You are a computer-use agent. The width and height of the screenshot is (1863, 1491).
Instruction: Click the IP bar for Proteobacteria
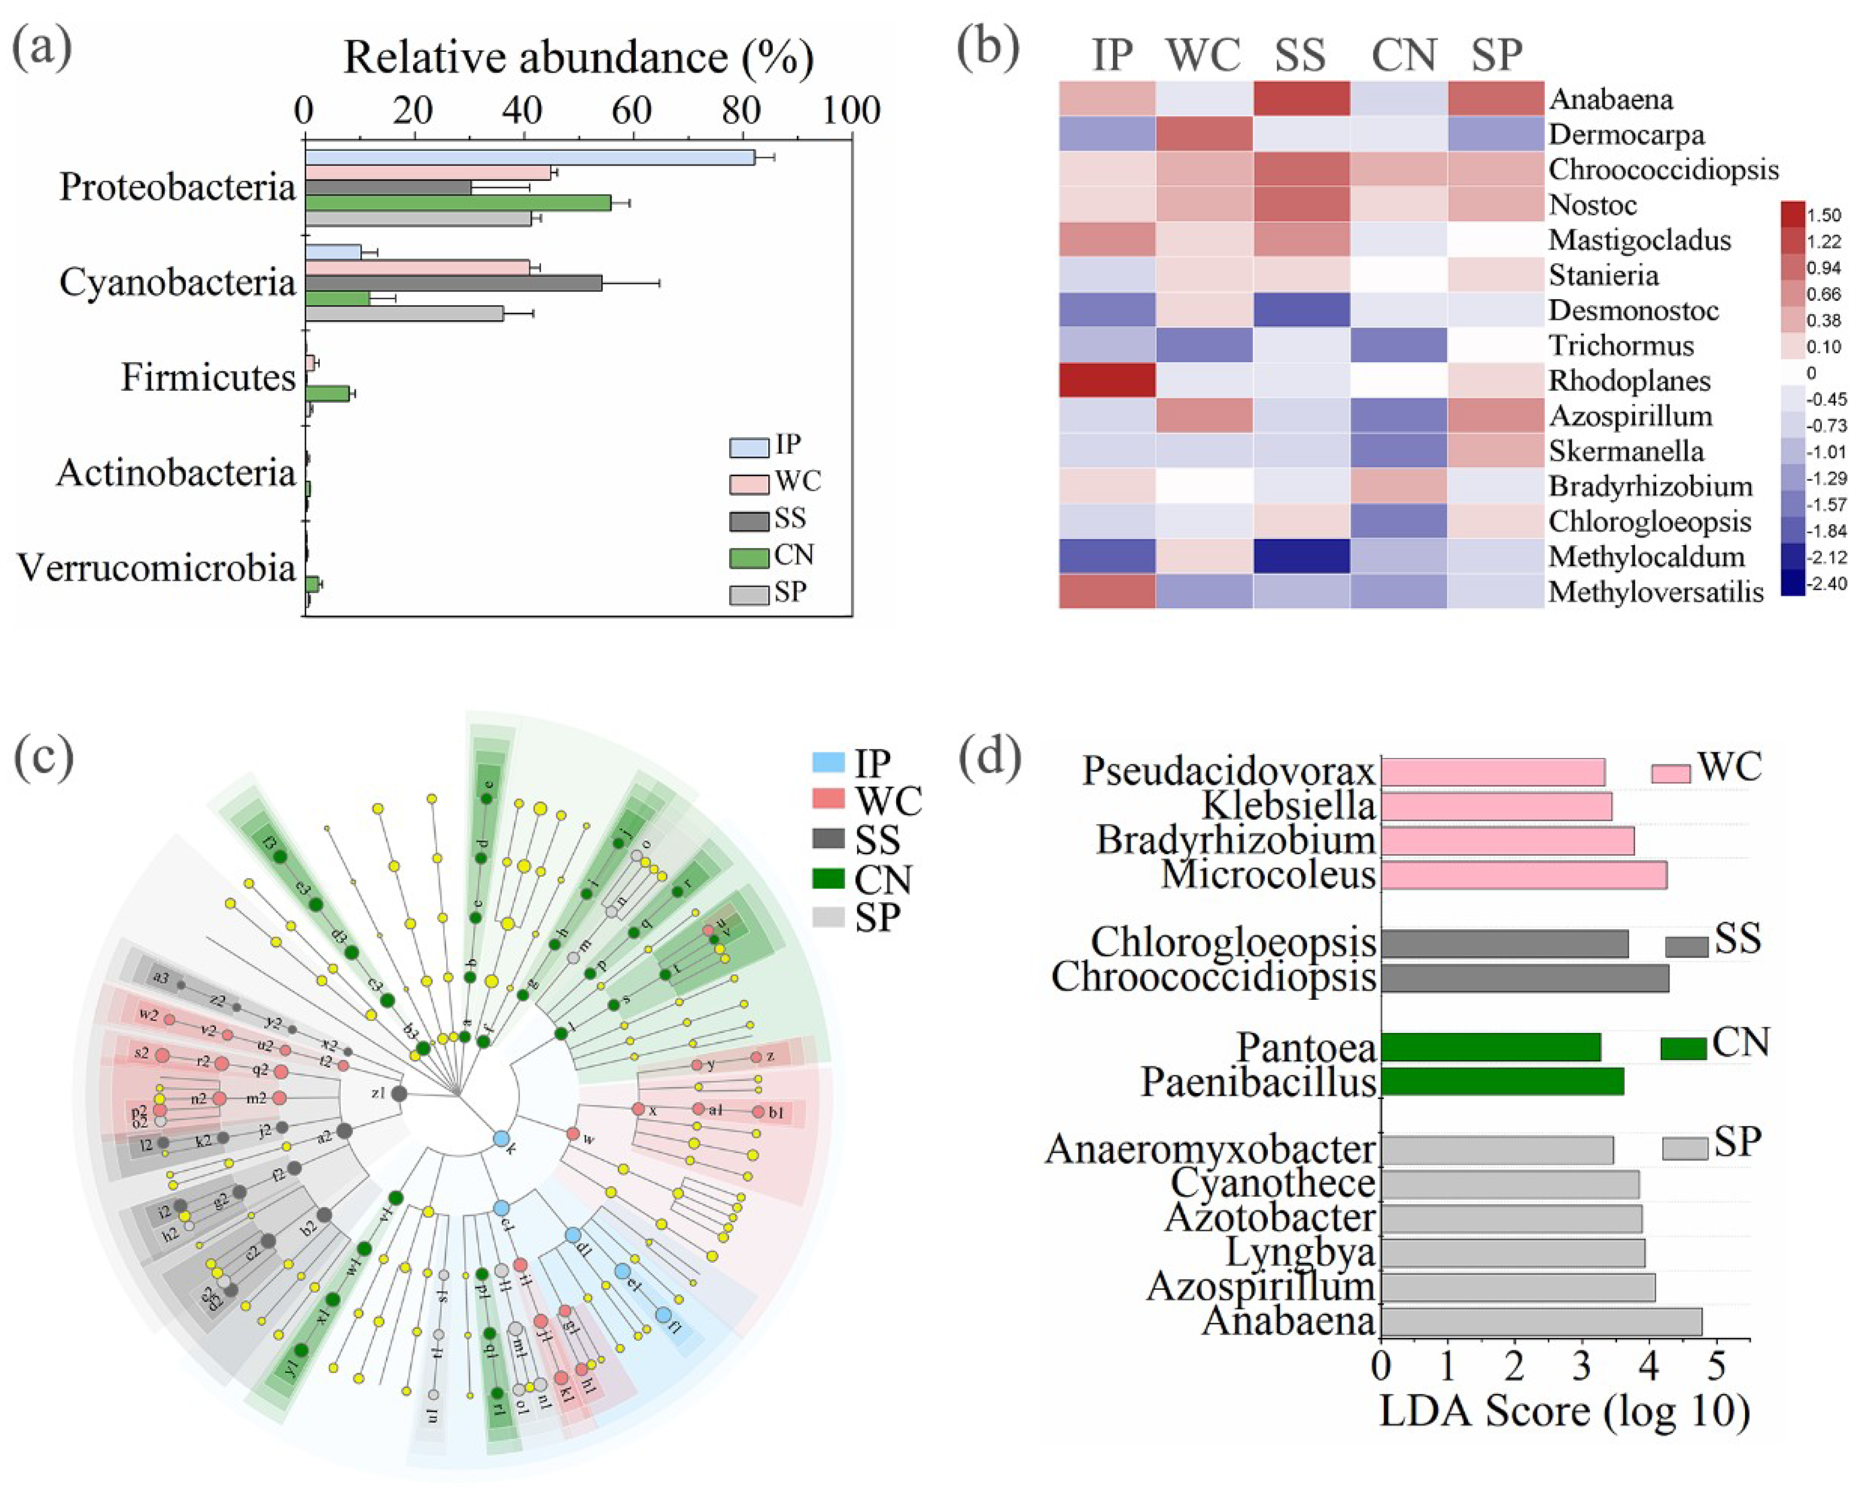[x=529, y=157]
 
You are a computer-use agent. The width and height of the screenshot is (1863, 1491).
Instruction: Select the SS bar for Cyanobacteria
[x=453, y=282]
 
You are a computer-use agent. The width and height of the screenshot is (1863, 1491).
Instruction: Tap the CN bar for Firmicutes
[x=326, y=393]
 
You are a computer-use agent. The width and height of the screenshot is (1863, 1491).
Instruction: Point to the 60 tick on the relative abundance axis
[x=633, y=111]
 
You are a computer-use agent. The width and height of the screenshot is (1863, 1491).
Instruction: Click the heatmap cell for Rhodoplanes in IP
[x=1107, y=380]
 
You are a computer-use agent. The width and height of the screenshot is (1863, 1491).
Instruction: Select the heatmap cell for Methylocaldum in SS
[x=1302, y=556]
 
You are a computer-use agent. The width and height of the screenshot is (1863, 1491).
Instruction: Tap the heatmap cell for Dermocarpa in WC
[x=1204, y=134]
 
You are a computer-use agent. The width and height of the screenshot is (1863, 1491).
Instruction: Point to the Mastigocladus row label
[x=1639, y=240]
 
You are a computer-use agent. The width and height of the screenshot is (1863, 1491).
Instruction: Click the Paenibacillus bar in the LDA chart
[x=1502, y=1081]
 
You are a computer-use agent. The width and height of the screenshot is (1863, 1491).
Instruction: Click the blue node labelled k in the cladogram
[x=500, y=1139]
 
